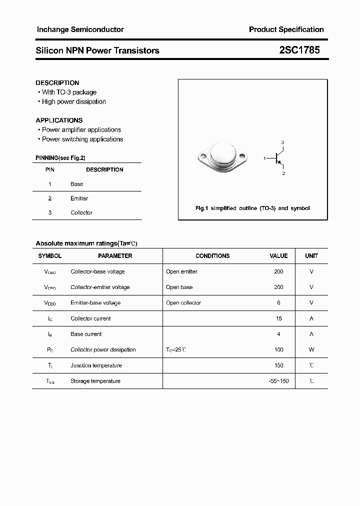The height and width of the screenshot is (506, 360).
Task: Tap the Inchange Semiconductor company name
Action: point(80,29)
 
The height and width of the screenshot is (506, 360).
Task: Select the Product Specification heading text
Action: point(286,29)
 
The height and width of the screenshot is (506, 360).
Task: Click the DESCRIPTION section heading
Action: point(57,83)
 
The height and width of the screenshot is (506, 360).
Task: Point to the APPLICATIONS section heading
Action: point(59,120)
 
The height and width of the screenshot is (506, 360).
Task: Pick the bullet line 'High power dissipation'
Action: point(73,102)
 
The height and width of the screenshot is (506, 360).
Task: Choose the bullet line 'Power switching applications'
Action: point(82,139)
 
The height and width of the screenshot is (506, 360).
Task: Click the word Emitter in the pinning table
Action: point(79,198)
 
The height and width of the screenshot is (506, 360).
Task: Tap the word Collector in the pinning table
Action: point(81,212)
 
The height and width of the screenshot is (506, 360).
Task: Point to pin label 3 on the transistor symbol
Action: point(282,143)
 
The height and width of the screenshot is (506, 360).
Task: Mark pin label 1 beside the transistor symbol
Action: point(264,158)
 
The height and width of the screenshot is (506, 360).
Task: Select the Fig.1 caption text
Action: point(252,208)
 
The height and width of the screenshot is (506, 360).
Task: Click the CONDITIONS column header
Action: point(212,256)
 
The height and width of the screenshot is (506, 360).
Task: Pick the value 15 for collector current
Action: point(278,318)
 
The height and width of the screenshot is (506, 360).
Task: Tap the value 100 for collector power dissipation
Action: point(278,350)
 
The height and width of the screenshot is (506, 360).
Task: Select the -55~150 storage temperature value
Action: point(278,381)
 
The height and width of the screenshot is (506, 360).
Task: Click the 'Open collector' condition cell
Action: point(183,303)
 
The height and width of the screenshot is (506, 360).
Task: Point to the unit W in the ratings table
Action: point(311,350)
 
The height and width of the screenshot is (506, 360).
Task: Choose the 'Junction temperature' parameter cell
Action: point(96,365)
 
